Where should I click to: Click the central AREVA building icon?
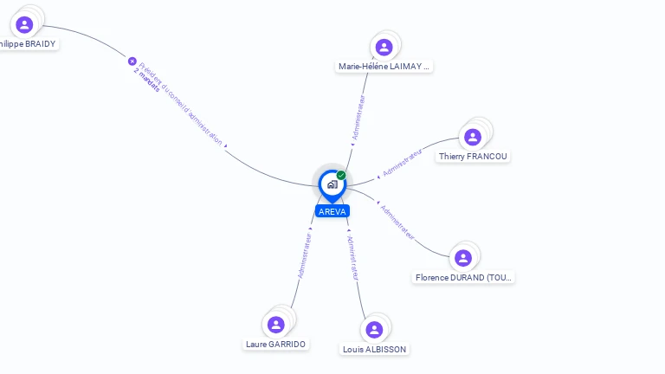click(x=331, y=184)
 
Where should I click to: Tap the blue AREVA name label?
click(x=332, y=211)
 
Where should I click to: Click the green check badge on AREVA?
click(x=341, y=176)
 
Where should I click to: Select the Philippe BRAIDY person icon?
click(x=24, y=24)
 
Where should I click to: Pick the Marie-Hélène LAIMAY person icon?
click(x=384, y=47)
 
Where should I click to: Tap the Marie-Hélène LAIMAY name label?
click(x=384, y=66)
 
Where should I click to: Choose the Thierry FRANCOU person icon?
click(x=472, y=137)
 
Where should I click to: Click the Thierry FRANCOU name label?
click(x=473, y=157)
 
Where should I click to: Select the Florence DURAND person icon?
click(x=463, y=258)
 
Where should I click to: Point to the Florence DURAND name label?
click(x=463, y=278)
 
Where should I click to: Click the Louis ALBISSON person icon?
click(x=374, y=330)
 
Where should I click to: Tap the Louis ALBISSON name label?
click(x=374, y=349)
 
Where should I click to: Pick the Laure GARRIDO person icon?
click(x=276, y=325)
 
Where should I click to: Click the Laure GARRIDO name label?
click(x=276, y=344)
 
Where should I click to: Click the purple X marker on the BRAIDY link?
click(x=132, y=61)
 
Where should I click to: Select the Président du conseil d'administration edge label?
click(x=181, y=104)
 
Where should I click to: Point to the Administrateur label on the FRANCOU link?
click(x=402, y=163)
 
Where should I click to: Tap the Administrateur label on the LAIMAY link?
click(x=358, y=117)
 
